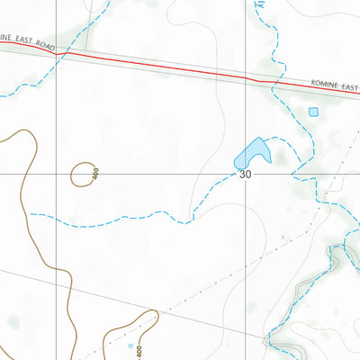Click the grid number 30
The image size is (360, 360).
pos(246,175)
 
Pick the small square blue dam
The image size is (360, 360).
pos(313,112)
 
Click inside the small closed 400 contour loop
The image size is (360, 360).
pos(83,174)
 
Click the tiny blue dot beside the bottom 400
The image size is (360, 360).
pos(130,346)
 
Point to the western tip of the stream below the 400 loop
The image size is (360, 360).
pos(30,214)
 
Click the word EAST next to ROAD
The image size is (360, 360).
pos(30,41)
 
